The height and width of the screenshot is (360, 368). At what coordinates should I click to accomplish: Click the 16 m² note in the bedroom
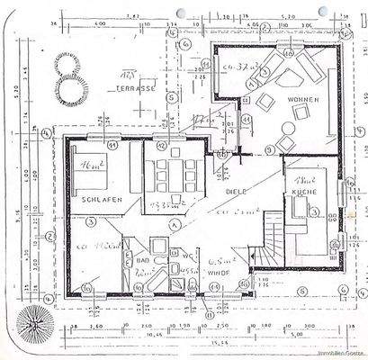(x=87, y=166)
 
